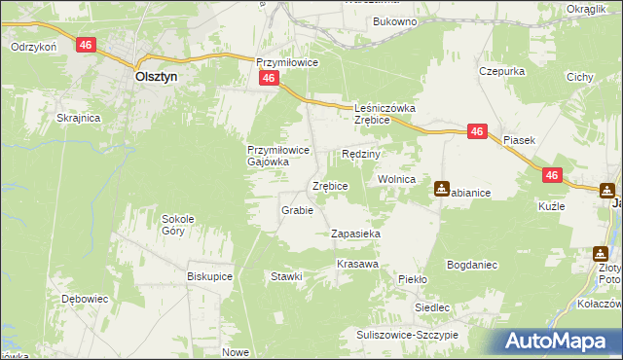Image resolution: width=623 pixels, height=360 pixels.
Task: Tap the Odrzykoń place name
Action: point(32,46)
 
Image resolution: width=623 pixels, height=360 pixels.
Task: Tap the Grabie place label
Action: point(297,210)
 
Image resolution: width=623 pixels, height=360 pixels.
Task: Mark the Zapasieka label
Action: point(355,234)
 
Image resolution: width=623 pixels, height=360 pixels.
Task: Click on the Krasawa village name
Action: point(356,265)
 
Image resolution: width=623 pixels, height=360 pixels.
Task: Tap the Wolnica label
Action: point(397,180)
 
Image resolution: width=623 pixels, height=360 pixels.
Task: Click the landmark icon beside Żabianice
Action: point(442,189)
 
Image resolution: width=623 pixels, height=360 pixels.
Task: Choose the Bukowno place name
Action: point(394,20)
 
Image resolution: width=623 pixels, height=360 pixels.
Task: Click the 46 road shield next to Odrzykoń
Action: point(87,45)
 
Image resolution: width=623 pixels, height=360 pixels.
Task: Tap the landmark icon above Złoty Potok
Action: point(601,253)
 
